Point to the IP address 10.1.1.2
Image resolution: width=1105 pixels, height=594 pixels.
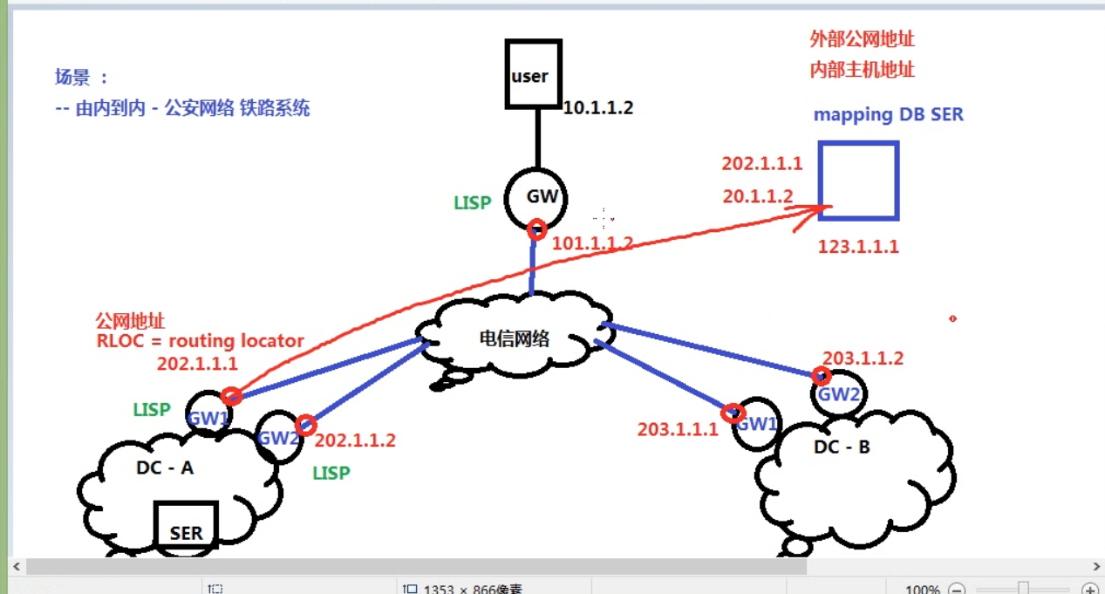(598, 108)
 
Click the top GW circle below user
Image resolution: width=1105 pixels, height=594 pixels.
(541, 198)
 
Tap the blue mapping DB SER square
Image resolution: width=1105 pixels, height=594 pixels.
(858, 181)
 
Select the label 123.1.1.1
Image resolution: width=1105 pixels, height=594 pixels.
(858, 247)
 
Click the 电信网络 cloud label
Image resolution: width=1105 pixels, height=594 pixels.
(515, 338)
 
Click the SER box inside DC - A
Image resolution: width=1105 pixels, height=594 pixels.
(186, 526)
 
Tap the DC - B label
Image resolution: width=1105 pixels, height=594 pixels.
(841, 447)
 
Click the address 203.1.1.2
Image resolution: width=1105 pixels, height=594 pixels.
(863, 358)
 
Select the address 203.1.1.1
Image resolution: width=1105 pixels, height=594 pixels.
(678, 429)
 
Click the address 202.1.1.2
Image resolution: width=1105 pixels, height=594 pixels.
(355, 440)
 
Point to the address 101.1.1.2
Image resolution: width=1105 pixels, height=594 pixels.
(593, 243)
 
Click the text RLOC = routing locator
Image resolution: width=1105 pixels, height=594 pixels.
(200, 341)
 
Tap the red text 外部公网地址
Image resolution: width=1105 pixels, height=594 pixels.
(862, 39)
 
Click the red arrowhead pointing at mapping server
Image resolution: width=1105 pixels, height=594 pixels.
(820, 209)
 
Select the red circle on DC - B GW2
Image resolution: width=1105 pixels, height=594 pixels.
(821, 376)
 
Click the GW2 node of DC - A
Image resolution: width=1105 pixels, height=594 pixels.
(278, 436)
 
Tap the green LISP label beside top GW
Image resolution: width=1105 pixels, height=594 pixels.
(472, 202)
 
